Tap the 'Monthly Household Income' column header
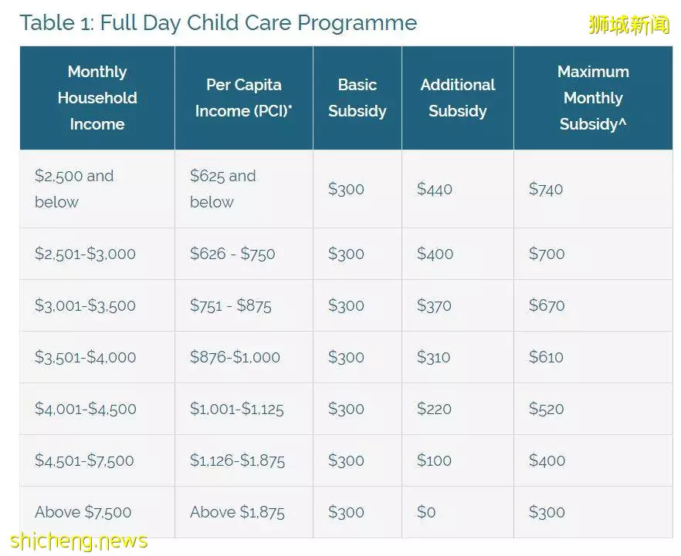[97, 98]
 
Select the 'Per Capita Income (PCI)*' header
[244, 98]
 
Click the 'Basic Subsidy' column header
[357, 98]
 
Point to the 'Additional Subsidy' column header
[458, 98]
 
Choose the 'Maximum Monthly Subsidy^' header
[593, 98]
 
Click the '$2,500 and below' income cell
[74, 189]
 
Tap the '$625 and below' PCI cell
[223, 189]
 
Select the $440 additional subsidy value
[434, 189]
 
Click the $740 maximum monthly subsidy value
[545, 189]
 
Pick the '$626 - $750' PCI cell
[232, 253]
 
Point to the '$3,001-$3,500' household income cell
[85, 305]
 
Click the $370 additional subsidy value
[434, 305]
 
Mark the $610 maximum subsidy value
[546, 357]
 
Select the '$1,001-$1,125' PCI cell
[237, 409]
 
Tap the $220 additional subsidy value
[434, 409]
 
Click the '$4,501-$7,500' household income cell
[84, 460]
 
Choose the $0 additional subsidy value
[426, 512]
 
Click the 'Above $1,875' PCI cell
[237, 512]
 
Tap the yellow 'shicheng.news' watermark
[79, 541]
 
